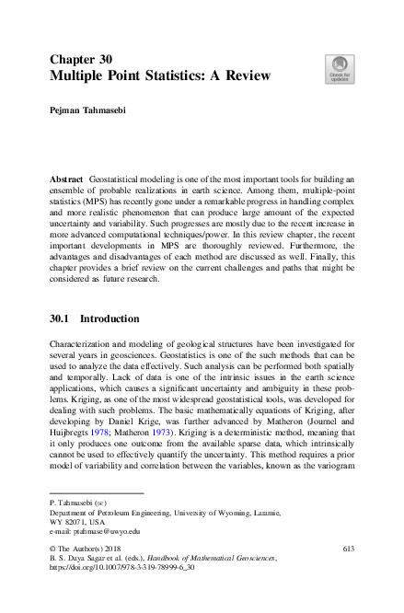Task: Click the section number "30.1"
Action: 61,318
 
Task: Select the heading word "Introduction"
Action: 110,318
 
